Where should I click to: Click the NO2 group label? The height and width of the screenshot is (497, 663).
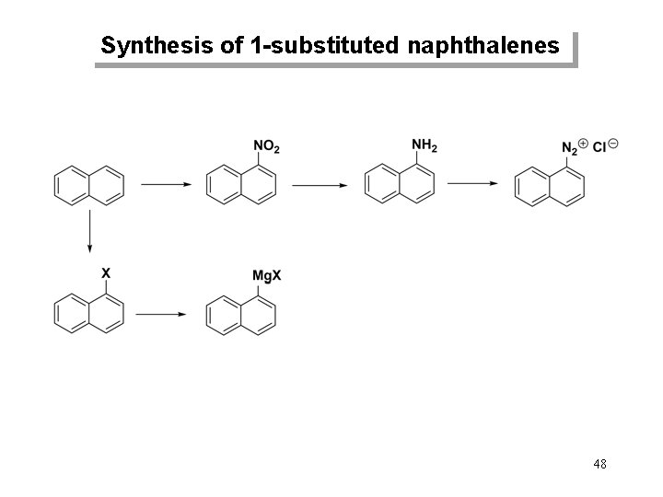coord(265,147)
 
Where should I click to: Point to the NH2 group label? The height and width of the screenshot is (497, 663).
coord(425,145)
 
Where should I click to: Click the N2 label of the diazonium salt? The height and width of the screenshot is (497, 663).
coord(570,147)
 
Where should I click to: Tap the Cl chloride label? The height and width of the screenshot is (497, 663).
coord(600,146)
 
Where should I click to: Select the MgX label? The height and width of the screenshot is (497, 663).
coord(265,276)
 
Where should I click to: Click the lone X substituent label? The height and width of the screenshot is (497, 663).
coord(106,273)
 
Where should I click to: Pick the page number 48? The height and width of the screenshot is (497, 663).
coord(599,464)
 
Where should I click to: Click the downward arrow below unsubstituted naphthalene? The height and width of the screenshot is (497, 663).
coord(90,230)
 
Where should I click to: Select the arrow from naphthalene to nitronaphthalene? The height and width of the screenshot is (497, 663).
coord(165,184)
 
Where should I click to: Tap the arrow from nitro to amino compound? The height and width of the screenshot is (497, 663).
coord(320,184)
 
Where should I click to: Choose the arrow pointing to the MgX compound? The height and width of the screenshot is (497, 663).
coord(165,314)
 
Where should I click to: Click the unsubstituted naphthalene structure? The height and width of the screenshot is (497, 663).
coord(89,184)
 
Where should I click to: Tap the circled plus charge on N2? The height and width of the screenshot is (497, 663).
coord(585,143)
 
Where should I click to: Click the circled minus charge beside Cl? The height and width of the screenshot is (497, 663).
coord(614,143)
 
